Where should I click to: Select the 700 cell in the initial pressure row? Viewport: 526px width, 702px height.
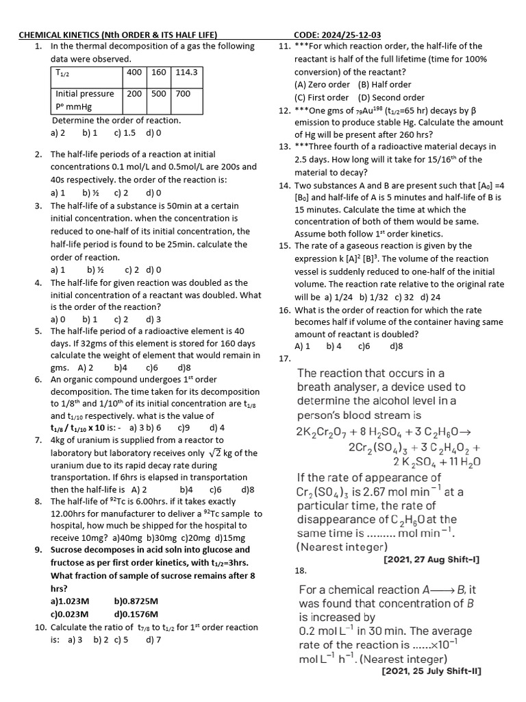tap(183, 94)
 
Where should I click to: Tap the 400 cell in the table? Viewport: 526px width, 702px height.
tap(134, 72)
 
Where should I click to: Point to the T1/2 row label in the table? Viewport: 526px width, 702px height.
tap(66, 73)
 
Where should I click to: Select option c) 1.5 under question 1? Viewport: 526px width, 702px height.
tap(125, 133)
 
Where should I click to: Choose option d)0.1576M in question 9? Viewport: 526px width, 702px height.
tap(136, 614)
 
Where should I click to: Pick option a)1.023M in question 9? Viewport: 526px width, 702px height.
tap(70, 601)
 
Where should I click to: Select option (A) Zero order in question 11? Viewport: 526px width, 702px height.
tap(322, 85)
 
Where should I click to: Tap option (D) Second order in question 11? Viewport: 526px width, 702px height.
tap(390, 98)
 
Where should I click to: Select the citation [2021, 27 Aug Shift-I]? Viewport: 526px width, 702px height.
tap(431, 560)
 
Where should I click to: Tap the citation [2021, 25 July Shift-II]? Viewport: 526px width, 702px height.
tap(431, 672)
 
